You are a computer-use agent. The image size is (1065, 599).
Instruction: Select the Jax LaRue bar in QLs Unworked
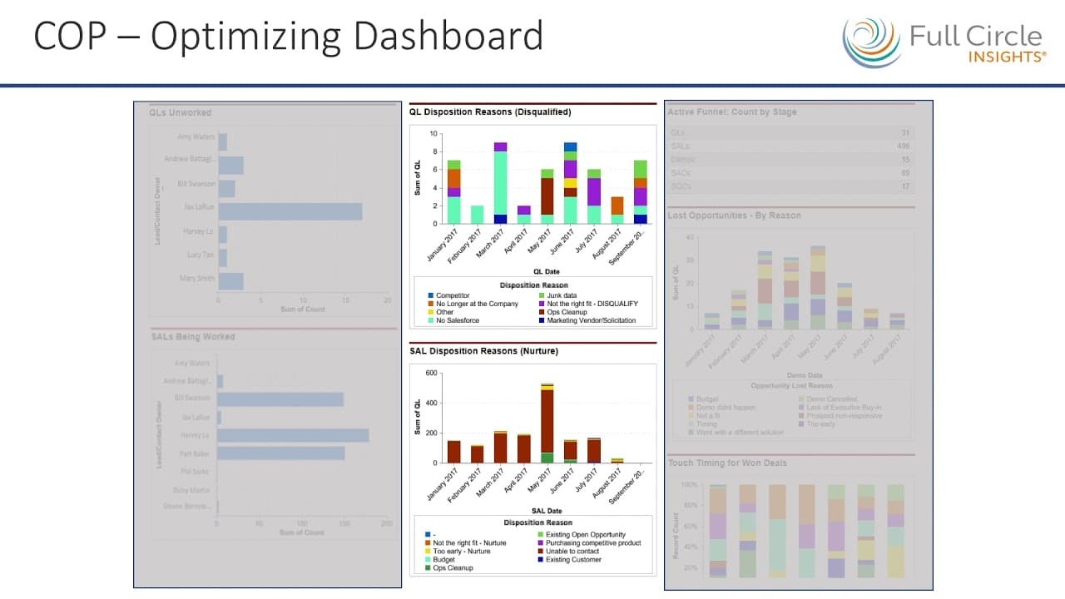[x=290, y=211]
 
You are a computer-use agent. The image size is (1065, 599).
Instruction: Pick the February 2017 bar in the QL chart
[x=477, y=215]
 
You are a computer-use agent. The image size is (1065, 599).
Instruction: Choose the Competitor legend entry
[x=453, y=295]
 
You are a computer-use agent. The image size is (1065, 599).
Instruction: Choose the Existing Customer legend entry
[x=573, y=560]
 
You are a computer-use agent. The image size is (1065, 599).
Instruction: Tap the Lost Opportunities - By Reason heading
[x=734, y=215]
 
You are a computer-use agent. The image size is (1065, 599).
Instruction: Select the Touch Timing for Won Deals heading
[x=727, y=463]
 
